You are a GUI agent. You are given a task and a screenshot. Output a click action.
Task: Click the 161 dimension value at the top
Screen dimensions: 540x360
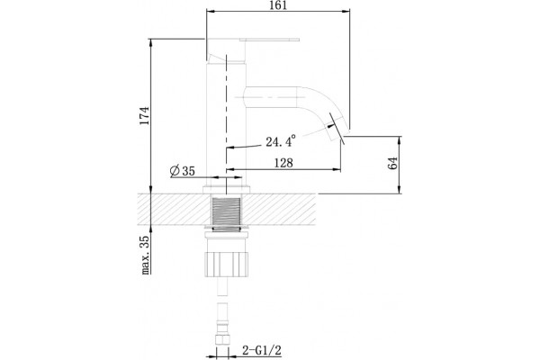click(279, 5)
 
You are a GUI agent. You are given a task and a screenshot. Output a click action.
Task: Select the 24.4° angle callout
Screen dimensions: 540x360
click(281, 141)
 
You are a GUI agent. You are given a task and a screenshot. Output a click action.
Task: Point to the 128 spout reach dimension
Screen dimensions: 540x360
click(283, 163)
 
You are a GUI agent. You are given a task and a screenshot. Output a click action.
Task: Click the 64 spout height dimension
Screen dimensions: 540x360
click(393, 163)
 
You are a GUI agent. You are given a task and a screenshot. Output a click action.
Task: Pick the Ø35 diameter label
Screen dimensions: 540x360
click(183, 170)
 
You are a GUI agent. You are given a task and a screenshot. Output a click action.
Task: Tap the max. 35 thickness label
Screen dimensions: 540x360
click(145, 255)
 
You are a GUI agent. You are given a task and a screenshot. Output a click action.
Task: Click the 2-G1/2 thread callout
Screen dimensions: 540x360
click(262, 351)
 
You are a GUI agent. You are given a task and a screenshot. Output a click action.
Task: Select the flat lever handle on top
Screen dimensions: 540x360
click(253, 40)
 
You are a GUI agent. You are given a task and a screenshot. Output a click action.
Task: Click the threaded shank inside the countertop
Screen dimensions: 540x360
click(226, 211)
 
